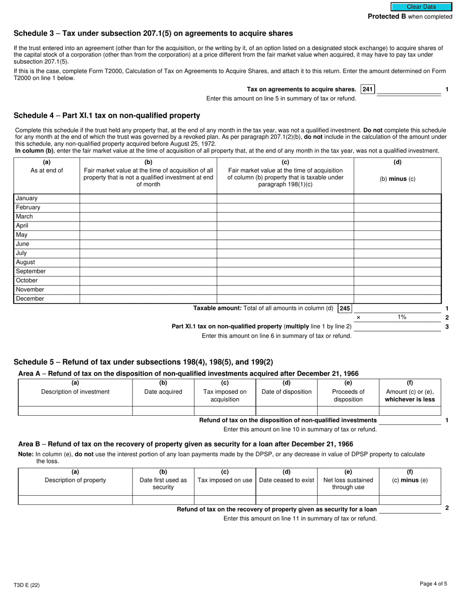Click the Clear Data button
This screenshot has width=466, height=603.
point(421,7)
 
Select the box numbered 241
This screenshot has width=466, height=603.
point(367,89)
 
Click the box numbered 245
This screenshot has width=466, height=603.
point(345,308)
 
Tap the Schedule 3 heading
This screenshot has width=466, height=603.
point(153,33)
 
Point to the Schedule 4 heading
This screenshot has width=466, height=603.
point(107,116)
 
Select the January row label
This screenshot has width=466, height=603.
point(27,199)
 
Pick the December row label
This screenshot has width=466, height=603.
point(30,299)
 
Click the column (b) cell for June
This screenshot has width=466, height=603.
point(148,244)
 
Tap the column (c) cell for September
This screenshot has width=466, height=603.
point(285,272)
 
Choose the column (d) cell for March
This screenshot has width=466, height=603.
point(397,217)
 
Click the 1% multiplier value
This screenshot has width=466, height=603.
point(402,317)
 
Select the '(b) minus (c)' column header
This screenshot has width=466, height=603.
point(397,179)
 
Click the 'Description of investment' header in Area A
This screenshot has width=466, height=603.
point(75,392)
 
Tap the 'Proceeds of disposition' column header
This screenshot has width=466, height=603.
point(348,395)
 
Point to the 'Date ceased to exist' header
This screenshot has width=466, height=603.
point(286,480)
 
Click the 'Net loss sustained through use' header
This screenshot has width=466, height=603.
point(348,483)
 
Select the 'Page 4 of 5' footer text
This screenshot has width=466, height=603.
point(433,583)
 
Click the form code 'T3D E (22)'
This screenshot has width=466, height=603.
point(26,585)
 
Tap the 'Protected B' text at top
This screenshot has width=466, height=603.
point(387,17)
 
